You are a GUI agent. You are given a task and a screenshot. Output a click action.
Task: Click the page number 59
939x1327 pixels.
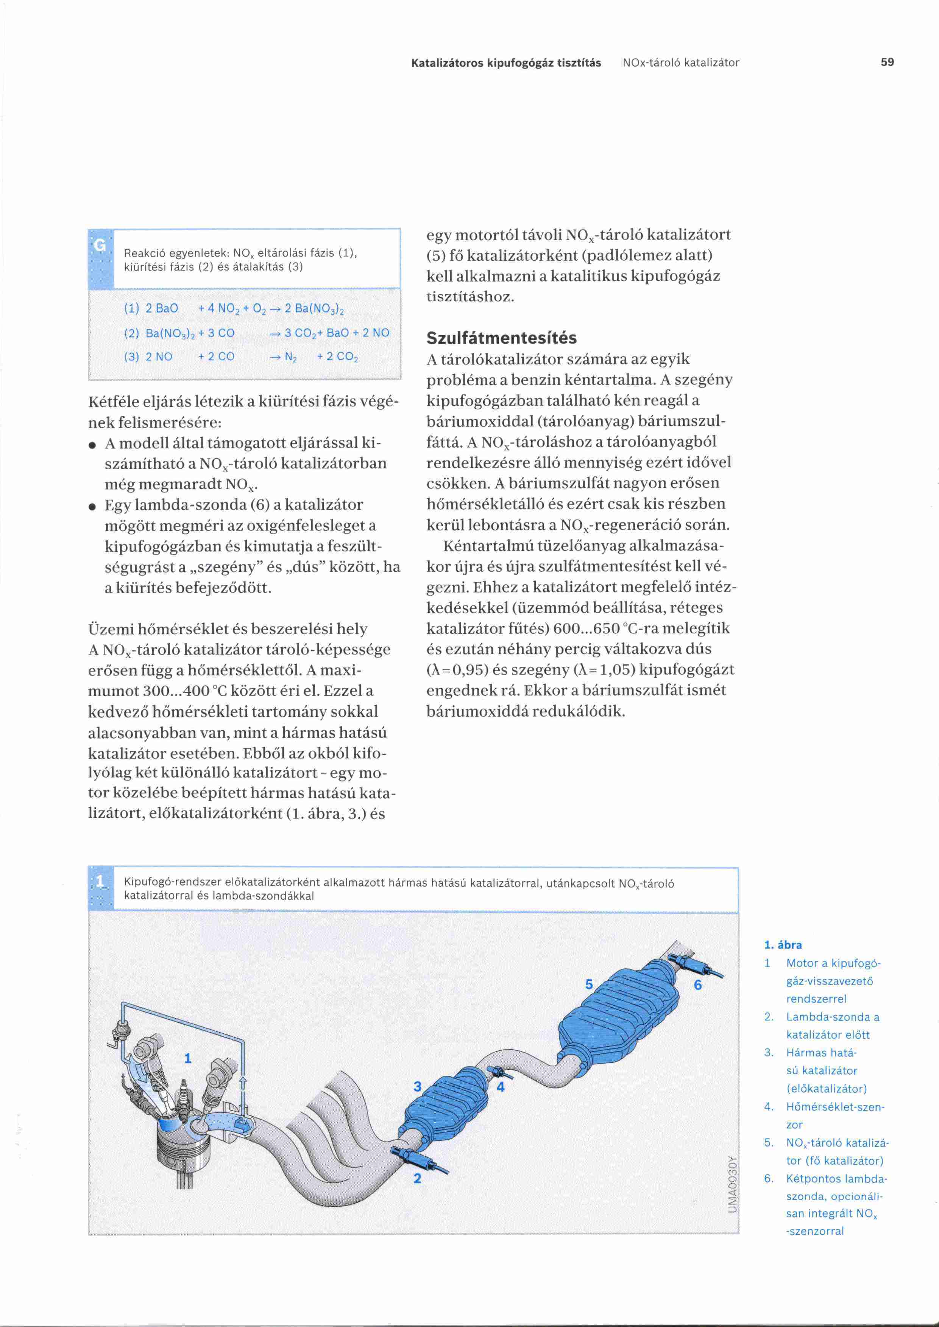point(887,62)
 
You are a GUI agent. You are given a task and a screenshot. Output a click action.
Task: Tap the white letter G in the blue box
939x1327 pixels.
point(100,246)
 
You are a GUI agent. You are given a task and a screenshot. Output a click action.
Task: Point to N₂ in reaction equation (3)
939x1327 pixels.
point(290,356)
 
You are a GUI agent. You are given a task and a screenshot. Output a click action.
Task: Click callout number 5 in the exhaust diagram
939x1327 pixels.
point(589,984)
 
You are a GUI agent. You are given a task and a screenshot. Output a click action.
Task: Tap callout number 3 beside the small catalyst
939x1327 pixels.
point(418,1087)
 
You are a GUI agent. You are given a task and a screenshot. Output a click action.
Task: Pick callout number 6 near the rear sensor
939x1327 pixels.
point(697,985)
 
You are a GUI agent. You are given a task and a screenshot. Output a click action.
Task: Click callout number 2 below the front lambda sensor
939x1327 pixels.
point(418,1178)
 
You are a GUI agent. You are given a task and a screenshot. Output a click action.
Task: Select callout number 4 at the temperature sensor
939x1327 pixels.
point(500,1087)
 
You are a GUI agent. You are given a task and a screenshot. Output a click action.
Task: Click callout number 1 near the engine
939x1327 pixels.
point(187,1058)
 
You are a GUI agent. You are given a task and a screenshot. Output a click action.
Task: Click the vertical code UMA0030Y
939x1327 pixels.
point(732,1184)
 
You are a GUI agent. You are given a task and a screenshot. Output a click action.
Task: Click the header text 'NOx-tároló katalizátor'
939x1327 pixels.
point(680,62)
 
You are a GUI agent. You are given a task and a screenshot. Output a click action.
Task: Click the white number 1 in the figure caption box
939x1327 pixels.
point(100,881)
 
